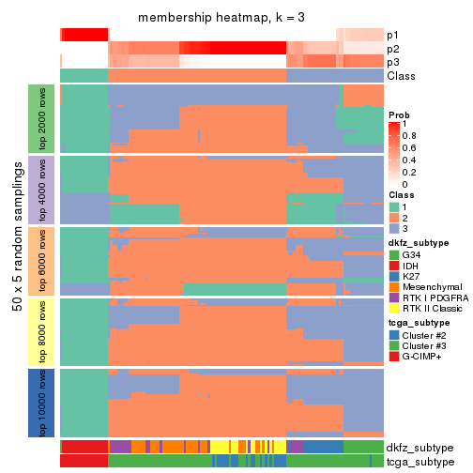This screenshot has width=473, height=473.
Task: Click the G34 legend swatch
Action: click(394, 253)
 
